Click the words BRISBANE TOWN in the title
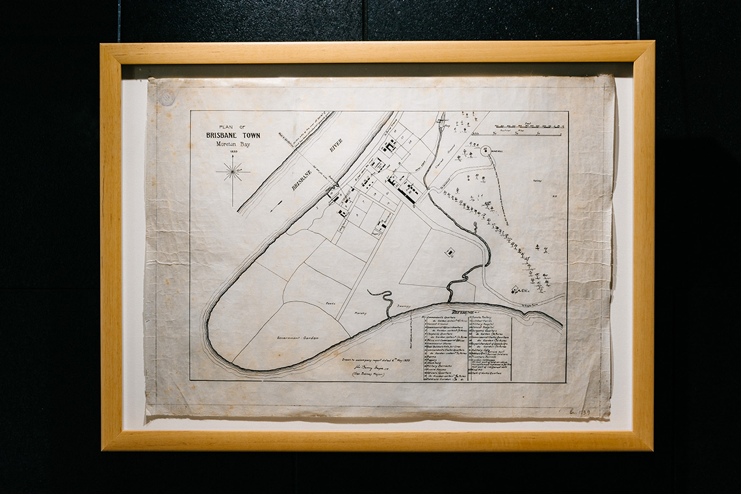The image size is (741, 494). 233,135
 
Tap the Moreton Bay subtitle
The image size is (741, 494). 233,144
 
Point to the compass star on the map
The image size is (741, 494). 233,172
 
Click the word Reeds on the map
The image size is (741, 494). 330,303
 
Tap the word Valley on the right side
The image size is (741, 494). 538,181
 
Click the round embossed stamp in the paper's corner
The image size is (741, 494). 167,97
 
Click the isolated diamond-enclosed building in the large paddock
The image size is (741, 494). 449,251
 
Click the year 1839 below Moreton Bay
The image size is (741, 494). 233,152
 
